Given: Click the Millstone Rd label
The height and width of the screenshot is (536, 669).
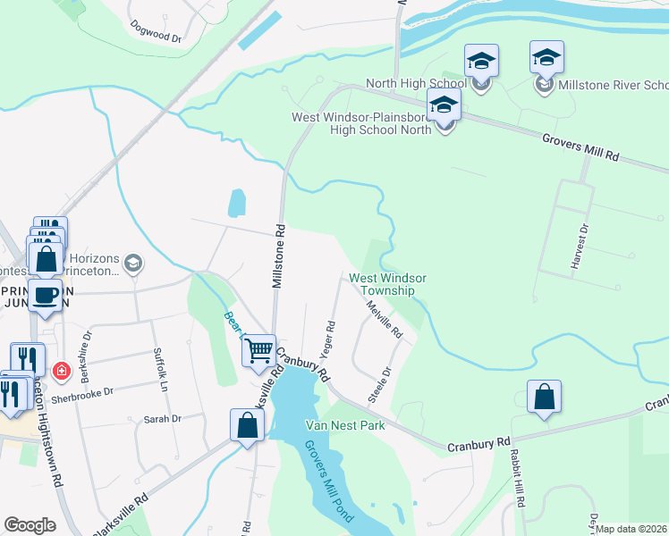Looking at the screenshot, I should tap(279, 255).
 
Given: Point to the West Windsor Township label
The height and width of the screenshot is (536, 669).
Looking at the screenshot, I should tap(387, 284).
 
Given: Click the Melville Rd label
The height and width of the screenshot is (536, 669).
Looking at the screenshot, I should tap(385, 318).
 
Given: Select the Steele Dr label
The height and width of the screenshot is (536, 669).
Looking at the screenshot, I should tap(381, 383).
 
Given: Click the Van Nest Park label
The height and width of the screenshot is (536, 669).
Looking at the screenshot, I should tap(345, 425).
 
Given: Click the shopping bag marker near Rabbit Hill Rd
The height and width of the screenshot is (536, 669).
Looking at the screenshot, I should tap(544, 397).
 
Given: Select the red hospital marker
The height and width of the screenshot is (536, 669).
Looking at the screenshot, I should tap(61, 369).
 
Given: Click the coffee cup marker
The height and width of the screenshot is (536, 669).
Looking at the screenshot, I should tap(46, 295).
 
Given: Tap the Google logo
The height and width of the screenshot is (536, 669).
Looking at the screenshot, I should tap(30, 525).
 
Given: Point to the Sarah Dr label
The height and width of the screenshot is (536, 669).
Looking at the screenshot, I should tap(163, 418).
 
